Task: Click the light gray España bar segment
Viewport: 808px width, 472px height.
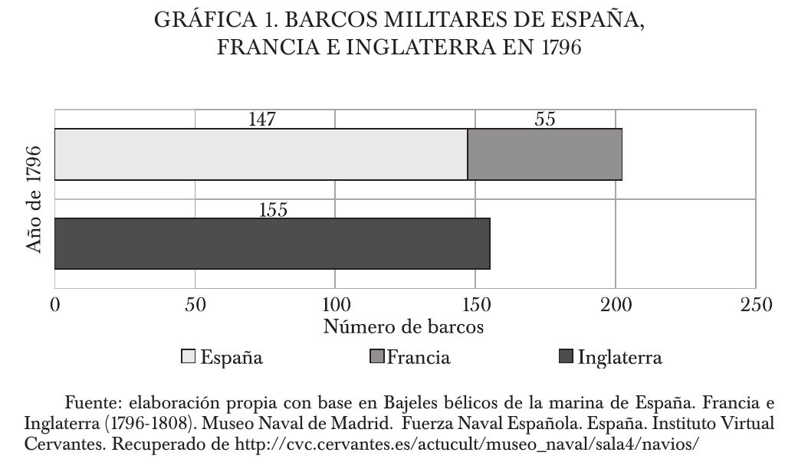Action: click(x=261, y=154)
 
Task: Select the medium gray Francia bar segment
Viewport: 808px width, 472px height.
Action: click(x=544, y=154)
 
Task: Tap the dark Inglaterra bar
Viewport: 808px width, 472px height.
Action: click(x=272, y=244)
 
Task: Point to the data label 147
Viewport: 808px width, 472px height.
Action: click(x=262, y=120)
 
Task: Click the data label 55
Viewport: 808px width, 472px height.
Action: click(x=544, y=120)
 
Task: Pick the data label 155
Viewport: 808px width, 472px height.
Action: click(x=273, y=209)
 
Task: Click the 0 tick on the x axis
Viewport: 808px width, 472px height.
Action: click(x=55, y=304)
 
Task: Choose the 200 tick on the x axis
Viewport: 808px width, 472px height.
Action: click(x=616, y=304)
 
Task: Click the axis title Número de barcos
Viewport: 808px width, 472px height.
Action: click(x=403, y=327)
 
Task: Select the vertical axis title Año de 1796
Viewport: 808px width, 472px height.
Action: click(x=34, y=199)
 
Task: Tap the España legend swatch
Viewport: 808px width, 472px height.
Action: click(x=188, y=357)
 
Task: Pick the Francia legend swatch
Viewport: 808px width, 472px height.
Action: click(x=376, y=357)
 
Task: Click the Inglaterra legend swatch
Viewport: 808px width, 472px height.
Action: click(x=567, y=357)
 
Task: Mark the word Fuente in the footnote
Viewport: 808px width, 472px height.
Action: click(x=93, y=403)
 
